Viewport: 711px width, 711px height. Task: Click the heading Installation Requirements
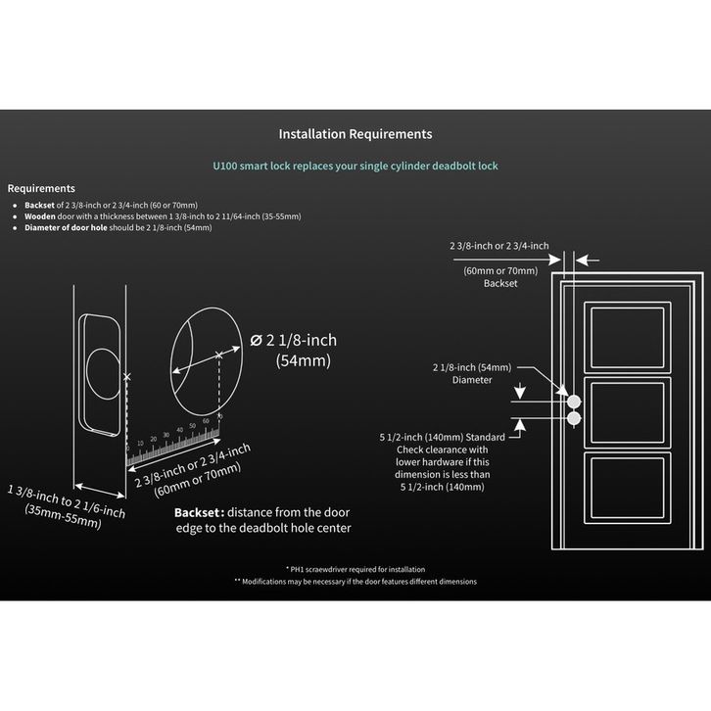point(355,134)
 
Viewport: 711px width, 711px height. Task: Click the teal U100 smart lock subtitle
point(355,167)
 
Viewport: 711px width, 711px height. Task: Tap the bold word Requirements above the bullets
point(41,188)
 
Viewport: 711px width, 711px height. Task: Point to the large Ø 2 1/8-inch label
point(293,340)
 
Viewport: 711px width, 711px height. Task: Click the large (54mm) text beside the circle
point(301,360)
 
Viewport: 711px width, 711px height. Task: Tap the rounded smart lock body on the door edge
point(101,372)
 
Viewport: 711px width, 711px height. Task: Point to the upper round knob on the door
point(574,402)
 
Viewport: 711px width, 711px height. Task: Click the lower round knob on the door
point(574,419)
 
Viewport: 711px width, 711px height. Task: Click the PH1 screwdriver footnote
point(355,569)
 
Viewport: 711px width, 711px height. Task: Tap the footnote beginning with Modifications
point(355,581)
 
